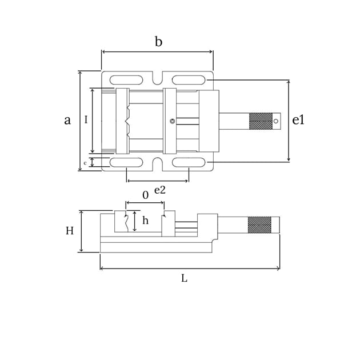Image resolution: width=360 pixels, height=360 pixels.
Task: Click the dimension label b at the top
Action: coord(158,42)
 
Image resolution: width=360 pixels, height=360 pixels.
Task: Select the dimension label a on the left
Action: coord(67,121)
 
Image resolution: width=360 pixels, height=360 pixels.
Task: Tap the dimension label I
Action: coord(86,120)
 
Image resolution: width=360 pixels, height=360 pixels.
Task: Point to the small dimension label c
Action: coord(85,163)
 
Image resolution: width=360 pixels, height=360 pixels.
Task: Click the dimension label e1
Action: coord(298,120)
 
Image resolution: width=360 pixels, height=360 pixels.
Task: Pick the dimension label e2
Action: coord(160,190)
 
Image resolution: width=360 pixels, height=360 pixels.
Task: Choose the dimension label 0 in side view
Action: coord(145,195)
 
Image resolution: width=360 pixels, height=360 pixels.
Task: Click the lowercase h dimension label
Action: coord(145,221)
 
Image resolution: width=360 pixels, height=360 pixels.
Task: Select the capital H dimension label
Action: coord(69,231)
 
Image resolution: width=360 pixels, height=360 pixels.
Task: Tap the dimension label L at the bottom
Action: coord(184,278)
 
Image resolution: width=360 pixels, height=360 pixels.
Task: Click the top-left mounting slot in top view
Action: coord(126,80)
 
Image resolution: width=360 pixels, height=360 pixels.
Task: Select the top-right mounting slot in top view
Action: coord(189,80)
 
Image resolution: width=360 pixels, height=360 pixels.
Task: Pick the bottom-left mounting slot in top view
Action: coord(126,162)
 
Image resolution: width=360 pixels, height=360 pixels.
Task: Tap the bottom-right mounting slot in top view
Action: coord(189,162)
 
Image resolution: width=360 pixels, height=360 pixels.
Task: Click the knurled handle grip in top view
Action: coord(261,121)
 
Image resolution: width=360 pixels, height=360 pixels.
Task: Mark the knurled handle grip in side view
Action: coord(259,225)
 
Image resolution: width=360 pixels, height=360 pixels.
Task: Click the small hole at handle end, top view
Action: coord(276,121)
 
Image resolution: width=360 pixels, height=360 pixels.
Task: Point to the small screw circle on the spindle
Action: coord(173,121)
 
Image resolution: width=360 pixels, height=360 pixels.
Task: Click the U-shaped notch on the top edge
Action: coord(158,78)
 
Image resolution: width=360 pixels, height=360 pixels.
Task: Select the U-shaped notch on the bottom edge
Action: coord(158,165)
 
